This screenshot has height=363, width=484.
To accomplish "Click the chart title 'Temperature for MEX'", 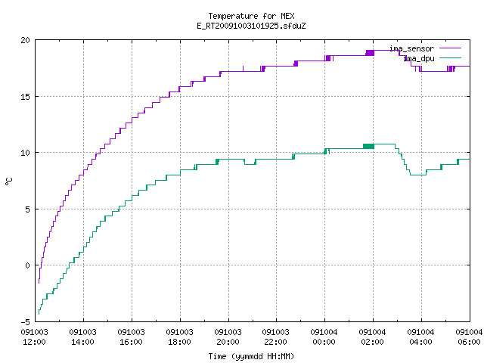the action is (251, 16).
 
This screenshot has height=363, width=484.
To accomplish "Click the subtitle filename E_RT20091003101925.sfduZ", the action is (251, 26).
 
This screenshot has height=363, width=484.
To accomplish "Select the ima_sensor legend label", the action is (411, 48).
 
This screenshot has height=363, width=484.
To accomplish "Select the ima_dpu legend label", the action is (419, 58).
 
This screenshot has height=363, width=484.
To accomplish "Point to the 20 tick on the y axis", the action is (25, 40).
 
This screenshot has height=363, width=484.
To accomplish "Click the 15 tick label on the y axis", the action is (25, 97).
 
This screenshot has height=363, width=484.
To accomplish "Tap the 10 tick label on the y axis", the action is (25, 153).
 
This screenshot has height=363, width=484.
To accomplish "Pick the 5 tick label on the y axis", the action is (27, 209).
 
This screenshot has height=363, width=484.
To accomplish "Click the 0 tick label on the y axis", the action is (27, 265).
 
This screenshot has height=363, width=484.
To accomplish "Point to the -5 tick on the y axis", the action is (25, 322).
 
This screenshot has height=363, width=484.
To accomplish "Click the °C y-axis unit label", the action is (9, 181).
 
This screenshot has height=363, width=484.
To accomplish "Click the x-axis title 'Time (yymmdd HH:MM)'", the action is (251, 356).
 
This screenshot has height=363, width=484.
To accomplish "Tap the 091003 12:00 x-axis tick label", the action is (34, 337).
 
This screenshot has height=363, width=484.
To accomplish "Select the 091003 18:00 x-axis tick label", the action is (180, 337).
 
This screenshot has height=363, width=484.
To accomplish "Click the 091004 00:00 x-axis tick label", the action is (324, 337).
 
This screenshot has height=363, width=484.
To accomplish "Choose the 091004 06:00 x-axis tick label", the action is (469, 337).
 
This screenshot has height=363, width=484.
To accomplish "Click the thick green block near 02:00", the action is (368, 146).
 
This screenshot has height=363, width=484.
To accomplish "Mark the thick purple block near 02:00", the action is (370, 53).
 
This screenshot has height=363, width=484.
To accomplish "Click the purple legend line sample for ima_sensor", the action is (450, 48).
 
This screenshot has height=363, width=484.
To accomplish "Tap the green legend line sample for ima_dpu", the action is (450, 57).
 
